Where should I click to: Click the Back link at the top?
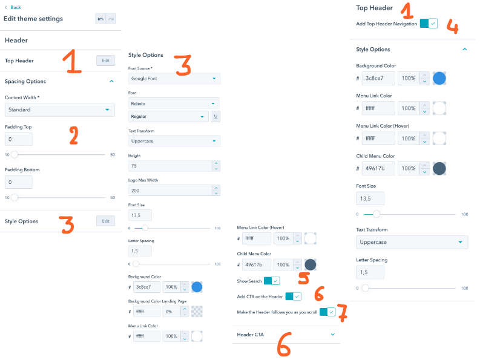tap(15, 7)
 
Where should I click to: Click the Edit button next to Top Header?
tap(105, 61)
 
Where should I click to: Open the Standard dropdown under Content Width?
tap(59, 110)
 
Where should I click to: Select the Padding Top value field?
tap(19, 139)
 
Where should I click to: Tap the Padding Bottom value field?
tap(19, 182)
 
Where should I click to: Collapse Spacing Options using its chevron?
tap(111, 81)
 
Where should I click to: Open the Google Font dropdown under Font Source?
tap(174, 79)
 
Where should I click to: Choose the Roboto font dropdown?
tap(174, 104)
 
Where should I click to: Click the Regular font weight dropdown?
tap(168, 116)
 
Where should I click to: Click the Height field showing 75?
tap(174, 166)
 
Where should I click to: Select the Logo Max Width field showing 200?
tap(174, 191)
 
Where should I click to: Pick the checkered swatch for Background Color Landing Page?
tap(197, 312)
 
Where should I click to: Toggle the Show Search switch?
tap(272, 281)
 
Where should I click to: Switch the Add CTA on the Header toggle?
tap(293, 296)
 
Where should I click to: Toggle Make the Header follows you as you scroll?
tap(327, 312)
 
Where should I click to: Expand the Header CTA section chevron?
tap(333, 334)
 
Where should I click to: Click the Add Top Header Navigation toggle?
tap(429, 24)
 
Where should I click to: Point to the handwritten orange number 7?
tap(342, 313)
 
